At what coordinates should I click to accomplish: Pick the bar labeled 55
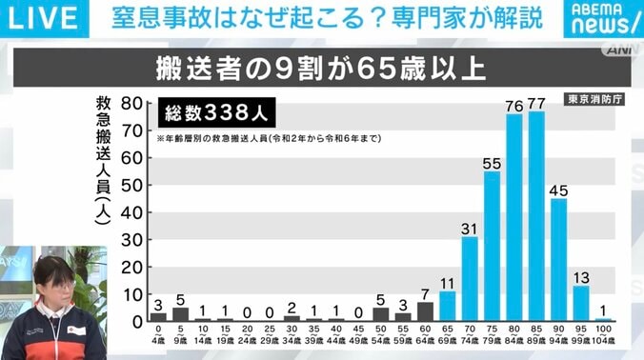pyautogui.click(x=492, y=247)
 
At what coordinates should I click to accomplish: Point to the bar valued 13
pyautogui.click(x=581, y=304)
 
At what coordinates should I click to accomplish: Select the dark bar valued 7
pyautogui.click(x=425, y=312)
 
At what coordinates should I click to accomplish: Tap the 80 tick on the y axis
pyautogui.click(x=133, y=103)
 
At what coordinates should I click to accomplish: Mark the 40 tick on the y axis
pyautogui.click(x=133, y=212)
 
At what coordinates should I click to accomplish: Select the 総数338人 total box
pyautogui.click(x=217, y=112)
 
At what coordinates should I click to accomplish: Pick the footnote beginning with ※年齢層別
pyautogui.click(x=270, y=138)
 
